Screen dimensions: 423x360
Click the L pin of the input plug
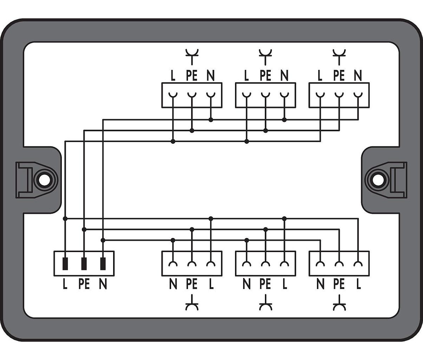point(65,264)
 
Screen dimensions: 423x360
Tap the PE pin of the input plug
point(84,264)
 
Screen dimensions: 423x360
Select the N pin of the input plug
point(103,264)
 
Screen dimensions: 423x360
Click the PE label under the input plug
point(84,284)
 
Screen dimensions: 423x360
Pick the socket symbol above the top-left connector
point(192,57)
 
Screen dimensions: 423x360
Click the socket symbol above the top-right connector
point(339,57)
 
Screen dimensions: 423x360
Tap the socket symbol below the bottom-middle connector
point(265,303)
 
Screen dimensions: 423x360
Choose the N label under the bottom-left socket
point(173,284)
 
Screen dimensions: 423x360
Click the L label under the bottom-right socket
point(358,284)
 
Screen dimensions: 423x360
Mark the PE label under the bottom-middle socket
point(265,284)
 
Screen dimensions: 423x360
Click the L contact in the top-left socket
point(173,95)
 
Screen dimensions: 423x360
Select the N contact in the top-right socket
point(358,95)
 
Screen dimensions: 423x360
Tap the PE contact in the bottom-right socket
point(339,264)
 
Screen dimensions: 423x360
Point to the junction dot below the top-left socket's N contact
point(211,120)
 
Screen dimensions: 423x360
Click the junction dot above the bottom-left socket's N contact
point(173,240)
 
